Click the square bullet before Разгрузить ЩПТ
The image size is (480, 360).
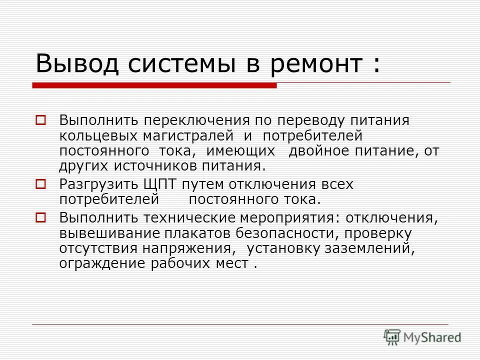41,185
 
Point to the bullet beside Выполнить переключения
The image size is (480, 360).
41,120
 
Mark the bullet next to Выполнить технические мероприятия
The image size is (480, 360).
41,217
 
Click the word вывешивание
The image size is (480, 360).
102,233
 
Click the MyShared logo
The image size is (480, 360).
422,337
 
